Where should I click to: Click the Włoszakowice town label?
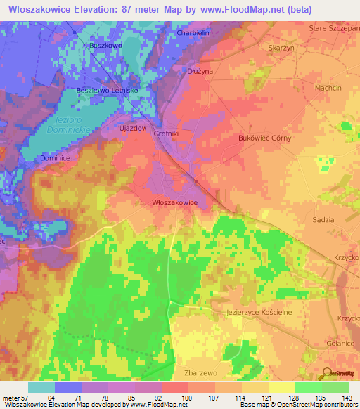tap(174, 202)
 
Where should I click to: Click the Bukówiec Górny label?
tap(265, 138)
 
